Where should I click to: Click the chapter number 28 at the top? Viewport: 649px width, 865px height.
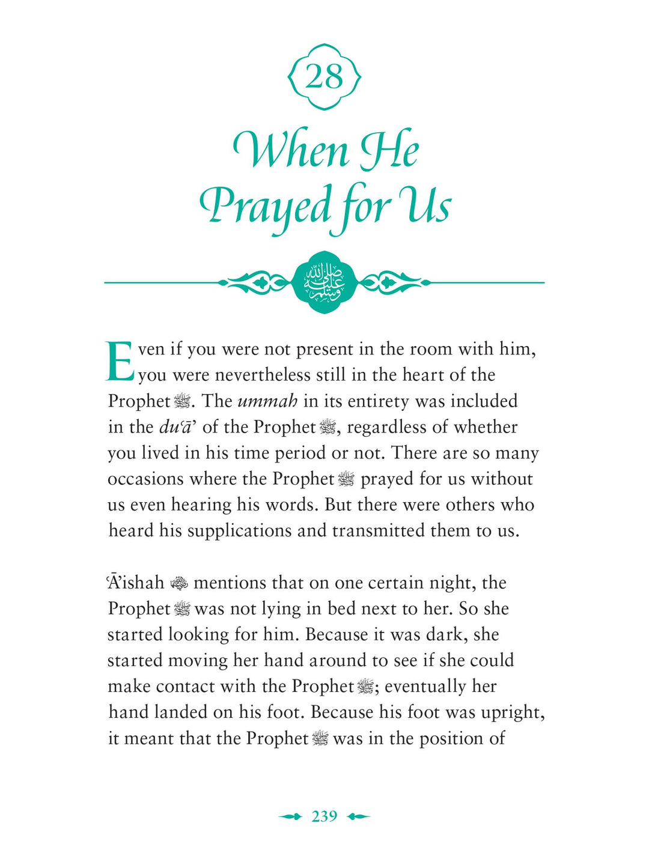pos(324,77)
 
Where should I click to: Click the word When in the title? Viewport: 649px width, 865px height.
pos(291,150)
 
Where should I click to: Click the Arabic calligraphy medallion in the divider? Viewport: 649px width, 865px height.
pos(324,282)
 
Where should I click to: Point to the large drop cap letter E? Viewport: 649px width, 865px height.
pos(120,362)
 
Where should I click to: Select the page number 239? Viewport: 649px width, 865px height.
pos(324,816)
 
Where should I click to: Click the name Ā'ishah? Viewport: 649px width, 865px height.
pos(136,583)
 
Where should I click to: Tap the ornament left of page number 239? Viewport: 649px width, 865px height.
pos(290,816)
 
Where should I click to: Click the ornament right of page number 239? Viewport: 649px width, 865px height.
pos(359,816)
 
